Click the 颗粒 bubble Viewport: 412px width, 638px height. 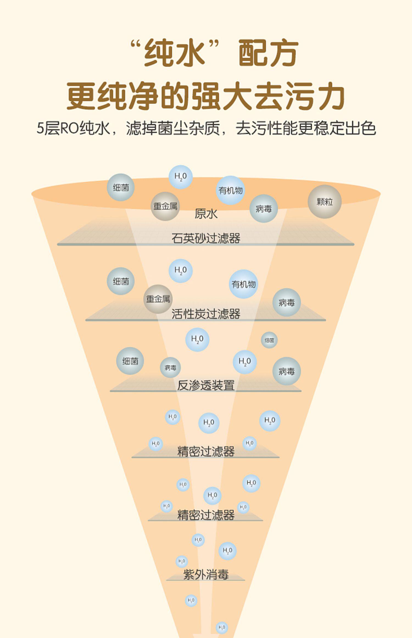(324, 202)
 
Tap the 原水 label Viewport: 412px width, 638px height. (206, 214)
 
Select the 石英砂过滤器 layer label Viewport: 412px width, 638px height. (206, 238)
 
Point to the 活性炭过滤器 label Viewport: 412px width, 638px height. (206, 314)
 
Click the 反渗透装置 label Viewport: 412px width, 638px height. (206, 385)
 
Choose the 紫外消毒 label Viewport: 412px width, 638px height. (206, 574)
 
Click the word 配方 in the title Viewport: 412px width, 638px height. (268, 53)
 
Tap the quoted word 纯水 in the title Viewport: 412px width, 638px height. (175, 53)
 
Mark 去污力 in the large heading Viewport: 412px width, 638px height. (299, 96)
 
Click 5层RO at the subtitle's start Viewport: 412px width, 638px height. (58, 128)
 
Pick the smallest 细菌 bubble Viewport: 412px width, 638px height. (269, 340)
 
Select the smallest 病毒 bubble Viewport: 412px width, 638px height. (170, 367)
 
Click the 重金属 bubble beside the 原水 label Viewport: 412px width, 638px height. (165, 206)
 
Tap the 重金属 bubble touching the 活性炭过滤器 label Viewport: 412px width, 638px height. (158, 299)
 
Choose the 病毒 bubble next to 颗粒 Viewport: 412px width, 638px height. (264, 209)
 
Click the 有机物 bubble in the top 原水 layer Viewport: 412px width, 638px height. (230, 190)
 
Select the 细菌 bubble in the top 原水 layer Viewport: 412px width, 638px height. (121, 187)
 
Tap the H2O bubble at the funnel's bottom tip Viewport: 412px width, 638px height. (222, 628)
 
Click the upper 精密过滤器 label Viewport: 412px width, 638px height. (206, 451)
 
